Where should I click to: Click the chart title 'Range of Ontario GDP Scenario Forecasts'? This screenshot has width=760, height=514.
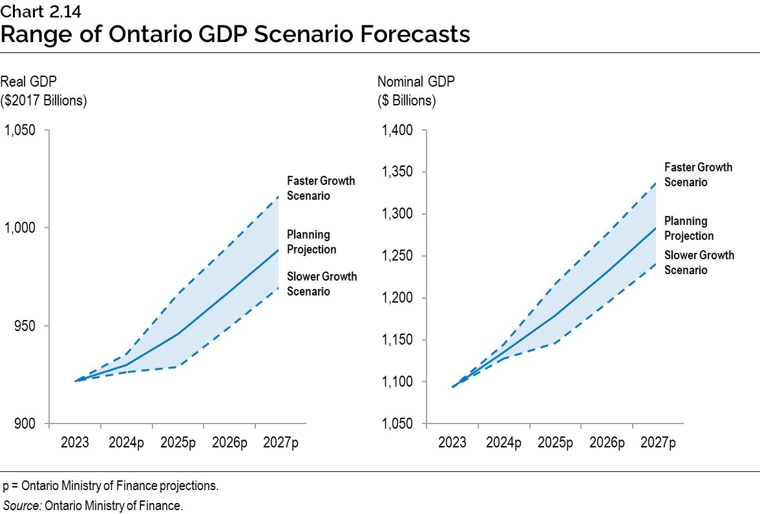[235, 34]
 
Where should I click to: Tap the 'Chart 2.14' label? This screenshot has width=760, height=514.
[36, 10]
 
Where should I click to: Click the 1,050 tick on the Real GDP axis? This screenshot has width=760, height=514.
[21, 130]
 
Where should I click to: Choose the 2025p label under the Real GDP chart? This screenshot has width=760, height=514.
[178, 443]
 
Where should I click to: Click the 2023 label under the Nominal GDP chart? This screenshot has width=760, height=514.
[452, 443]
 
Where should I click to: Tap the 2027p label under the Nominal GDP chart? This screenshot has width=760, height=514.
[658, 443]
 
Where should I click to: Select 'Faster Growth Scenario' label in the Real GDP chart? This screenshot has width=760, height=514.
[321, 188]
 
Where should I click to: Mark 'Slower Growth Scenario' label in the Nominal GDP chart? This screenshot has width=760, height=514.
[699, 262]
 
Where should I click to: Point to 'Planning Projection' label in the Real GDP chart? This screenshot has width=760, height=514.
[311, 242]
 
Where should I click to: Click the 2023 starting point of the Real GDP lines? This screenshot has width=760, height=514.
[76, 381]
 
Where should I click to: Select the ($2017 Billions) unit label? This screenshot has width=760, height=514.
[44, 101]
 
